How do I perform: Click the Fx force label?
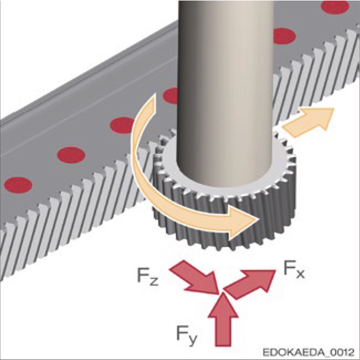coord(292,270)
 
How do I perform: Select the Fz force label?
coord(147,276)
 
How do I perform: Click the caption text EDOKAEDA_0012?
coord(311,352)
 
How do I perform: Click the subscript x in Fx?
coord(300,273)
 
